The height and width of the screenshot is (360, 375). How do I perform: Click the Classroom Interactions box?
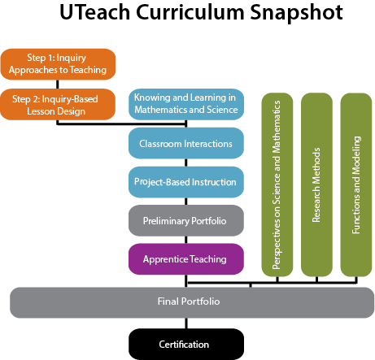(x=186, y=144)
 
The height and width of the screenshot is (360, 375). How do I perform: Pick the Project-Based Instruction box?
(x=186, y=182)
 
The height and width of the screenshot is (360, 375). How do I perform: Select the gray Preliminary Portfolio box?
(x=186, y=220)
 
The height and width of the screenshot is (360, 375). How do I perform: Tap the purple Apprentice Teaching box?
(x=186, y=258)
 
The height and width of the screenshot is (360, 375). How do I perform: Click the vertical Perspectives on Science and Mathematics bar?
(x=277, y=184)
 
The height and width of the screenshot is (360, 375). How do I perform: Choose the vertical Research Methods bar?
(x=316, y=184)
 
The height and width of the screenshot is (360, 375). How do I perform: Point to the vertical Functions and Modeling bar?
(x=355, y=184)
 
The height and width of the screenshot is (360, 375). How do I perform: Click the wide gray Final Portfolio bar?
(x=187, y=301)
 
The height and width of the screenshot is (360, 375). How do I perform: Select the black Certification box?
(x=187, y=343)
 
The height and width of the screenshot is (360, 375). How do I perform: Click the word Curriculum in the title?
(x=191, y=14)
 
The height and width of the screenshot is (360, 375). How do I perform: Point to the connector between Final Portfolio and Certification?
(x=187, y=322)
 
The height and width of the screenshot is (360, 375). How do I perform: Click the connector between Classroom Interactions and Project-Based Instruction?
(x=186, y=163)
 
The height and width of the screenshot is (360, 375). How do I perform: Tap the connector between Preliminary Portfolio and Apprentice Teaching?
(x=186, y=239)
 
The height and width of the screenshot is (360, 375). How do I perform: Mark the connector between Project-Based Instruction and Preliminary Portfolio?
(x=186, y=201)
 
